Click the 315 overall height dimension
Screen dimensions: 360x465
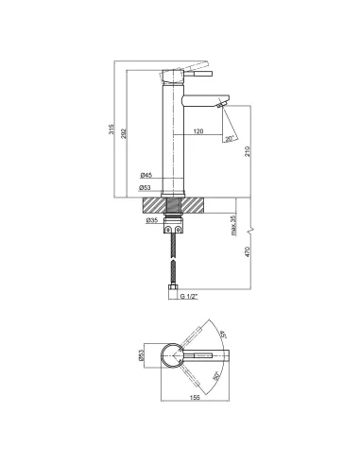pyautogui.click(x=111, y=129)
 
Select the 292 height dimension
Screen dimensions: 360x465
pyautogui.click(x=124, y=133)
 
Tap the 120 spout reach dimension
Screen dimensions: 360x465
pyautogui.click(x=198, y=131)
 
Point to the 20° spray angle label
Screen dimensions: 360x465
pyautogui.click(x=230, y=139)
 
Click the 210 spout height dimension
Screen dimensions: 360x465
pyautogui.click(x=248, y=151)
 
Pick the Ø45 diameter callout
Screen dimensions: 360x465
pyautogui.click(x=146, y=175)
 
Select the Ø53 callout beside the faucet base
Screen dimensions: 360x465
pyautogui.click(x=145, y=188)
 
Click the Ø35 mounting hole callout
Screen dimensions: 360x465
pyautogui.click(x=152, y=221)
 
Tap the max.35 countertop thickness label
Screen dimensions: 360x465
pyautogui.click(x=233, y=226)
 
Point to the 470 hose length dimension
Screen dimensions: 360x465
pyautogui.click(x=248, y=251)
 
